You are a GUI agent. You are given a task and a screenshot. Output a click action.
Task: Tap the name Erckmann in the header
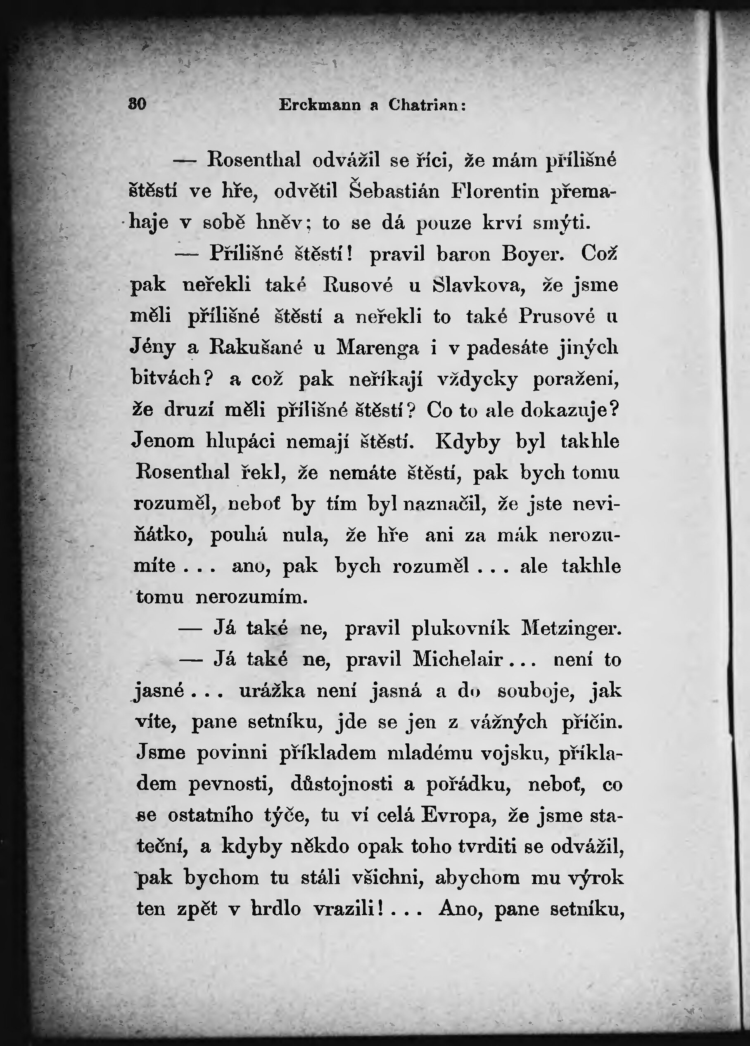pos(319,105)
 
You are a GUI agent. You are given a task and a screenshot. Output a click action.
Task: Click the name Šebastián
pos(394,191)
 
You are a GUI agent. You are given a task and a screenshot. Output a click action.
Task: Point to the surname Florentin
pos(494,191)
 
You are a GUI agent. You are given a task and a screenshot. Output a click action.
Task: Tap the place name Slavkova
pos(479,285)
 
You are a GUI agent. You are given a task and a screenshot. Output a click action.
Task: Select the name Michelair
pos(457,659)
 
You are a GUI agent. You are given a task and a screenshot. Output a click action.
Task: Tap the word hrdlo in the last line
pos(276,909)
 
